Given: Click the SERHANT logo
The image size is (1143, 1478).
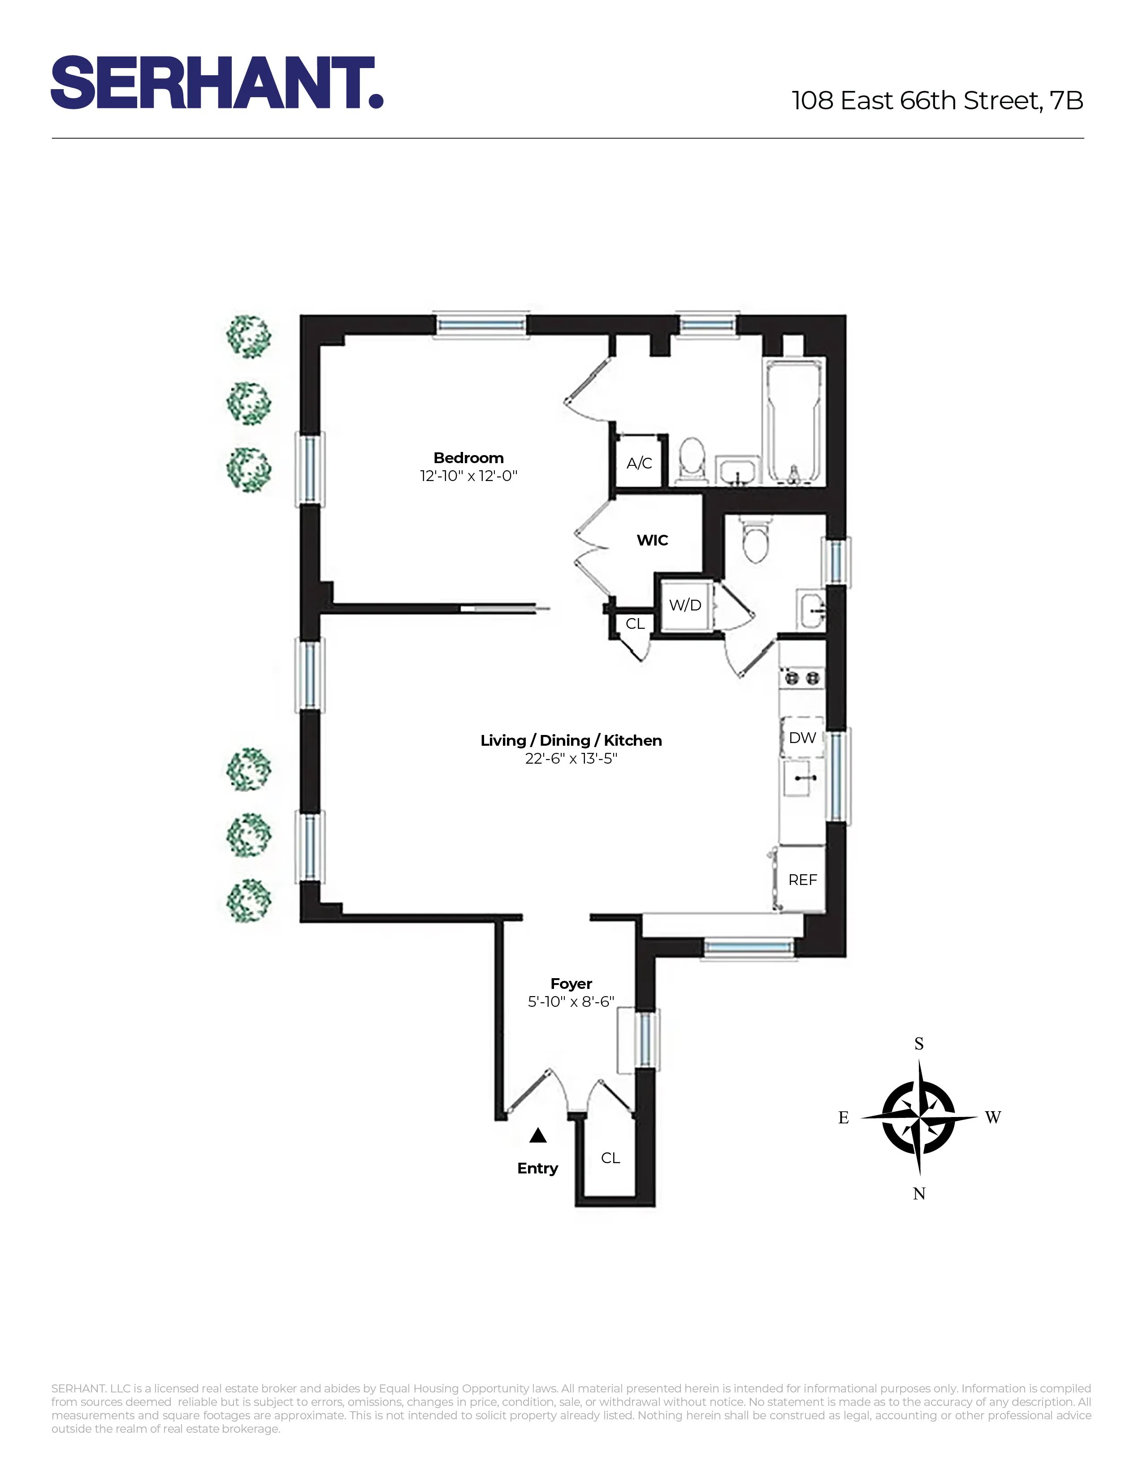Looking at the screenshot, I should coord(216,83).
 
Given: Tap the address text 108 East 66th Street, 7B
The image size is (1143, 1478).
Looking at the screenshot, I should coord(937,101).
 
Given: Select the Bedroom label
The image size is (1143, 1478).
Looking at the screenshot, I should coord(468,458).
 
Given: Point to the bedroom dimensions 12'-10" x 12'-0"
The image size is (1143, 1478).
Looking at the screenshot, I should coord(468,476).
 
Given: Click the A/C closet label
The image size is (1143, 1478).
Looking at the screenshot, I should coord(639,464).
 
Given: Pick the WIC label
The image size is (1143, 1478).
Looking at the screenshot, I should coord(653,540).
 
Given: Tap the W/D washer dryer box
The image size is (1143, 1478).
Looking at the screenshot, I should coord(685,605).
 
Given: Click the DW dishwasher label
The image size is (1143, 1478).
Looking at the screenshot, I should coord(802,738).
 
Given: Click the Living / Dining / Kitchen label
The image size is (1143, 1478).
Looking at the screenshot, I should coord(571,740).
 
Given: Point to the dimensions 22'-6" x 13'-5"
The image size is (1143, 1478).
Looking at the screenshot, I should coord(571,759).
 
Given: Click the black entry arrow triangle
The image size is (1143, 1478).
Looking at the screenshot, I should coord(537,1135).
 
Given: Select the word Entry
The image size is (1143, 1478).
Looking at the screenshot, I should coord(537,1168).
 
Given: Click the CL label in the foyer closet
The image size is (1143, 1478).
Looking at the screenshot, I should coord(610,1158).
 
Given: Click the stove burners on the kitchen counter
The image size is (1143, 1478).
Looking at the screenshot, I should coord(802,677).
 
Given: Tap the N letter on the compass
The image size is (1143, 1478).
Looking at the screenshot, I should coord(919,1194).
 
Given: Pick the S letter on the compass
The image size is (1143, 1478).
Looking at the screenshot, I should coord(919,1044).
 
